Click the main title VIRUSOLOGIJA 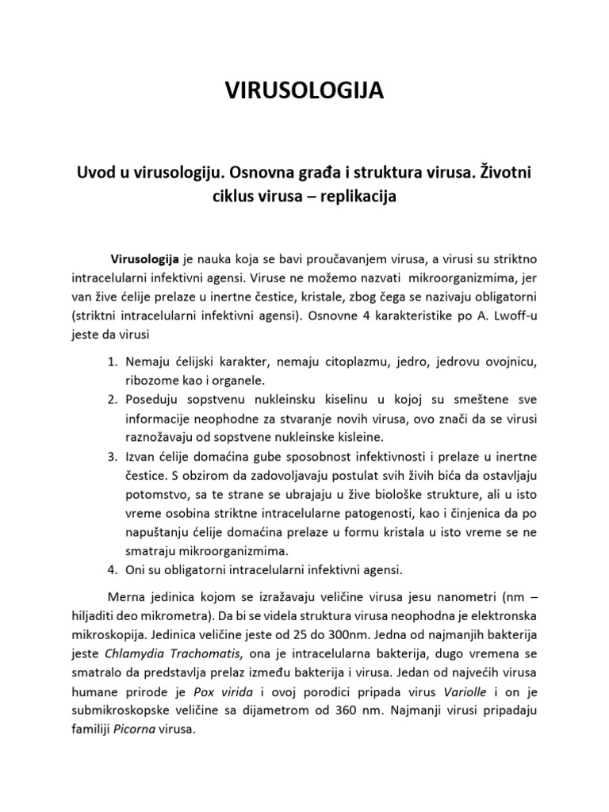(x=304, y=92)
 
